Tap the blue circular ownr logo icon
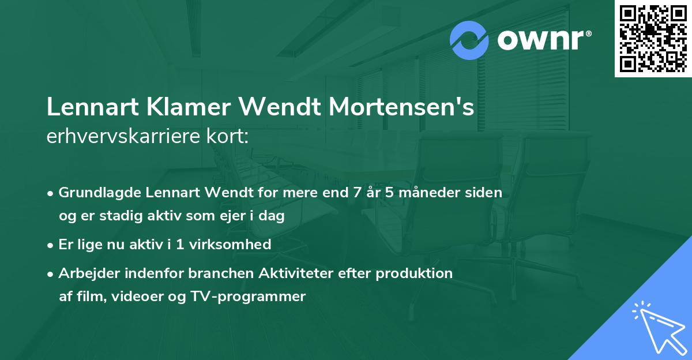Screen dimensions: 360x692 click(x=469, y=40)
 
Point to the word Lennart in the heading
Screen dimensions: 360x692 click(x=84, y=108)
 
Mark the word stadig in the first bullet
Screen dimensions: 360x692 click(x=122, y=216)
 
